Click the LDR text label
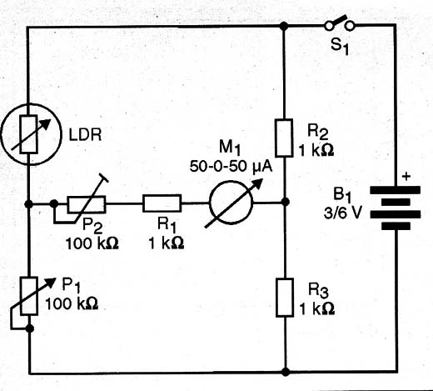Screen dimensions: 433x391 (x=85, y=135)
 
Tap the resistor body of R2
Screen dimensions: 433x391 (x=284, y=138)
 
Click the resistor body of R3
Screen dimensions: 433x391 (x=285, y=298)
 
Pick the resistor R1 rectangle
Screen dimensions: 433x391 (x=162, y=203)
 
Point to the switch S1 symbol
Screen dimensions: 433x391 (x=340, y=23)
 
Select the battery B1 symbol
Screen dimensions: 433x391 (x=396, y=208)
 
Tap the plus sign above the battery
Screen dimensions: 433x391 (x=406, y=176)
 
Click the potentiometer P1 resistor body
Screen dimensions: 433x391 (x=29, y=296)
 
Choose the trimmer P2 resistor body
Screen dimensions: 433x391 (x=87, y=204)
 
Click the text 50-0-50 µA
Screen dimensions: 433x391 (x=231, y=167)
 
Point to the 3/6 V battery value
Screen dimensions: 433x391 (x=343, y=213)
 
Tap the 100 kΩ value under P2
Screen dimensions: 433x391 (x=92, y=243)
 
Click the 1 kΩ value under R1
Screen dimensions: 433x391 (x=167, y=243)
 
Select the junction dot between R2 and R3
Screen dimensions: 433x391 (x=285, y=202)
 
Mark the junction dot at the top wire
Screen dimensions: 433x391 (x=284, y=26)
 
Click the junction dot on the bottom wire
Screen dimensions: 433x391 (x=286, y=372)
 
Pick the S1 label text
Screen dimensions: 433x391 (x=340, y=46)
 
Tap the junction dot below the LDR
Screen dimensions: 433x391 (x=28, y=204)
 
